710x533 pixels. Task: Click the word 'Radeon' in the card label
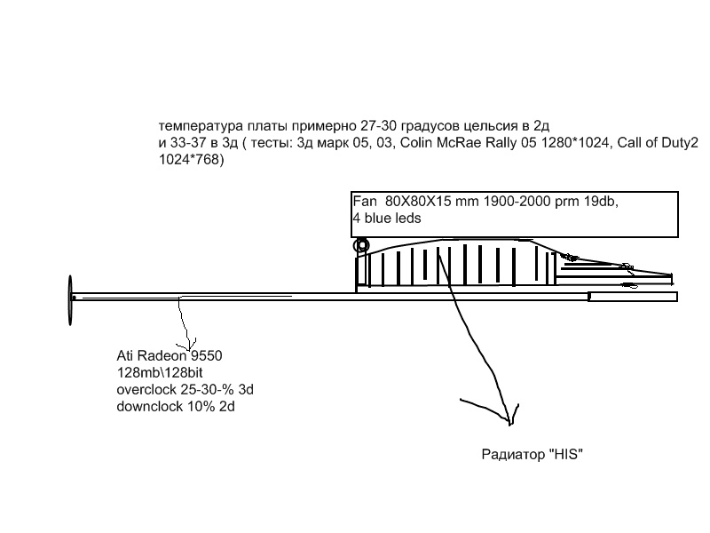point(157,356)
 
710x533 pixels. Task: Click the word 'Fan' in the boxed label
point(365,202)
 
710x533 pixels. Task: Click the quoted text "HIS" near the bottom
point(564,455)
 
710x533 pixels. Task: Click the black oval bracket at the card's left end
point(69,299)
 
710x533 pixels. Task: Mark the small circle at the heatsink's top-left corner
point(361,245)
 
